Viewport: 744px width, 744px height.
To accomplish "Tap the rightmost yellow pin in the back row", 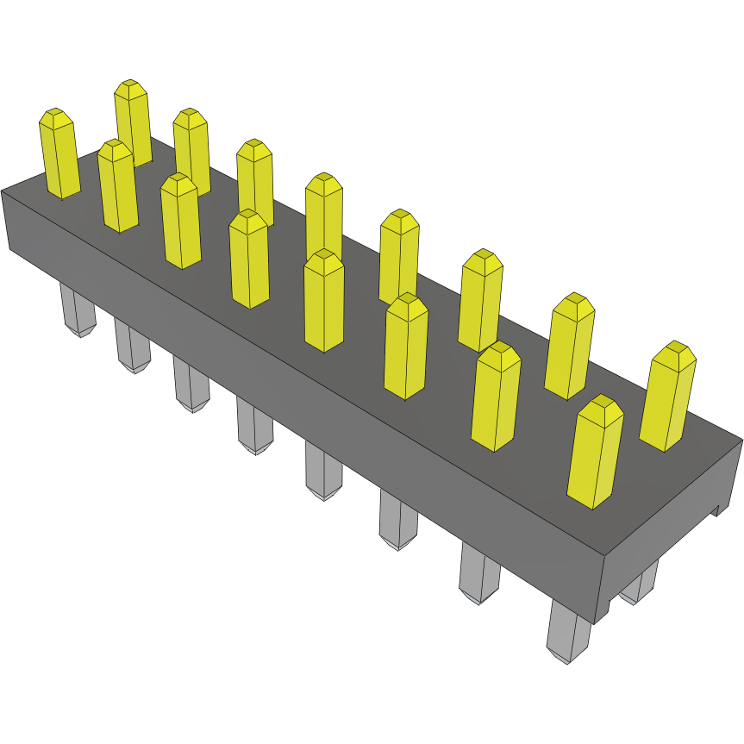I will [667, 397].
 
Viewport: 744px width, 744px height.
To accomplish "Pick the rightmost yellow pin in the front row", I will [595, 453].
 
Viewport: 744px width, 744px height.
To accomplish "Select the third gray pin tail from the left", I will [191, 384].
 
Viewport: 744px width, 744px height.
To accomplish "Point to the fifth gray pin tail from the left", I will [323, 470].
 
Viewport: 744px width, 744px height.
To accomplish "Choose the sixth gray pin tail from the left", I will [397, 522].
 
